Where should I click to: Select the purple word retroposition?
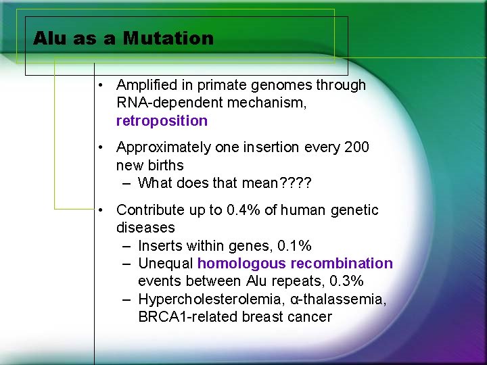(x=162, y=121)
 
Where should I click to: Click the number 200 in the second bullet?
(x=356, y=147)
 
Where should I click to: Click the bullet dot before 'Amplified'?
(x=99, y=85)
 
